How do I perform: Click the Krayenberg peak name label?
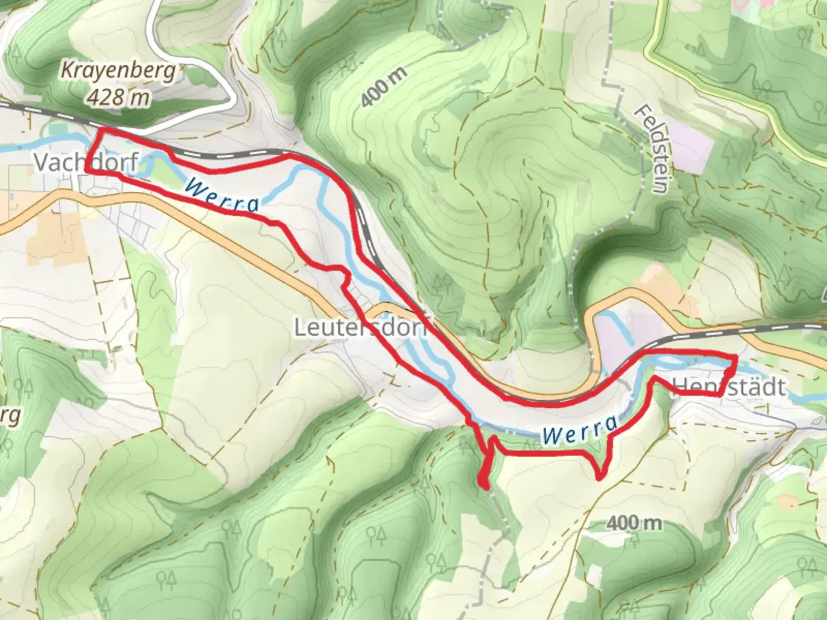[x=117, y=71]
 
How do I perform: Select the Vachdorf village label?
[x=85, y=162]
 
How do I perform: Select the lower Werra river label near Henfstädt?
[x=580, y=430]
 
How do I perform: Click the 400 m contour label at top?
[x=384, y=87]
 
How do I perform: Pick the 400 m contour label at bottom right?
[x=634, y=523]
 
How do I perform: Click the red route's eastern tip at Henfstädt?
[x=736, y=358]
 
